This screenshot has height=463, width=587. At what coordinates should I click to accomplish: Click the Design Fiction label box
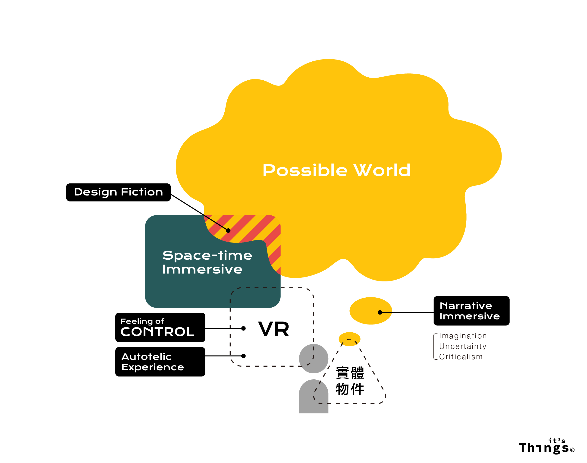pyautogui.click(x=118, y=192)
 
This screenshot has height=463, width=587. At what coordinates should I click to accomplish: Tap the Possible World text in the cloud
pyautogui.click(x=336, y=170)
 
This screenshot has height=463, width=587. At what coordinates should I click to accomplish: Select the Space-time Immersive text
pyautogui.click(x=207, y=262)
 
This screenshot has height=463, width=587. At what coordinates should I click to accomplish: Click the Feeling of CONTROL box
pyautogui.click(x=160, y=327)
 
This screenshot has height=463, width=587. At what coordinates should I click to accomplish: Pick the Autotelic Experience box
pyautogui.click(x=160, y=362)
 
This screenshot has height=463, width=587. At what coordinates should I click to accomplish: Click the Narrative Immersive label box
pyautogui.click(x=471, y=311)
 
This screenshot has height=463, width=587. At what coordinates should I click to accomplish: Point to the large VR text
pyautogui.click(x=273, y=329)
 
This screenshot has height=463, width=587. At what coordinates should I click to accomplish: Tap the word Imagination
pyautogui.click(x=463, y=336)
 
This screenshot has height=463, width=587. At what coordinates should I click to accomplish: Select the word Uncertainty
pyautogui.click(x=462, y=346)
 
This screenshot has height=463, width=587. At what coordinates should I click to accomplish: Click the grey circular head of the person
pyautogui.click(x=313, y=358)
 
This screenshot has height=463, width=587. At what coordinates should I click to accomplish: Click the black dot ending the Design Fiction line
pyautogui.click(x=228, y=230)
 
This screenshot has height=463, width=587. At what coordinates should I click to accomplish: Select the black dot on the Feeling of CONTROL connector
pyautogui.click(x=243, y=328)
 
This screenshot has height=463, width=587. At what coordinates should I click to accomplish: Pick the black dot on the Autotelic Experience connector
pyautogui.click(x=243, y=356)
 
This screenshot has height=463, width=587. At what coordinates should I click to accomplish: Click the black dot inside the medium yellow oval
pyautogui.click(x=380, y=312)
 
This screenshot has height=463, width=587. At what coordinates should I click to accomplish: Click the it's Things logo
pyautogui.click(x=546, y=445)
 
